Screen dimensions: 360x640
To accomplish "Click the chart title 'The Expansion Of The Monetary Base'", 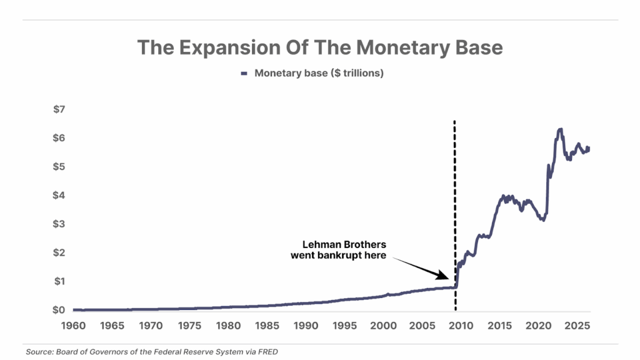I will (319, 47).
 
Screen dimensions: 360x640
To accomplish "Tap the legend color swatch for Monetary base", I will (245, 74).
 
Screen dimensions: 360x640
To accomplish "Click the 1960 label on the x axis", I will (74, 326).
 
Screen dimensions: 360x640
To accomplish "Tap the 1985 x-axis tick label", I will (267, 326).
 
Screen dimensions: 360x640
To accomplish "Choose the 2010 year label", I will (461, 326).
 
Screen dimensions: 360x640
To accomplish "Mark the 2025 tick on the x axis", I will (577, 326).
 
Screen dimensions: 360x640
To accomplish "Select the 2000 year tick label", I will (383, 326).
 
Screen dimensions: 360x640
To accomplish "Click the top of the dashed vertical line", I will (454, 122).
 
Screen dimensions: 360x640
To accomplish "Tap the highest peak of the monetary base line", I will (560, 129).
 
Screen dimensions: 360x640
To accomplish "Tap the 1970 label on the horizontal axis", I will (151, 326).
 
